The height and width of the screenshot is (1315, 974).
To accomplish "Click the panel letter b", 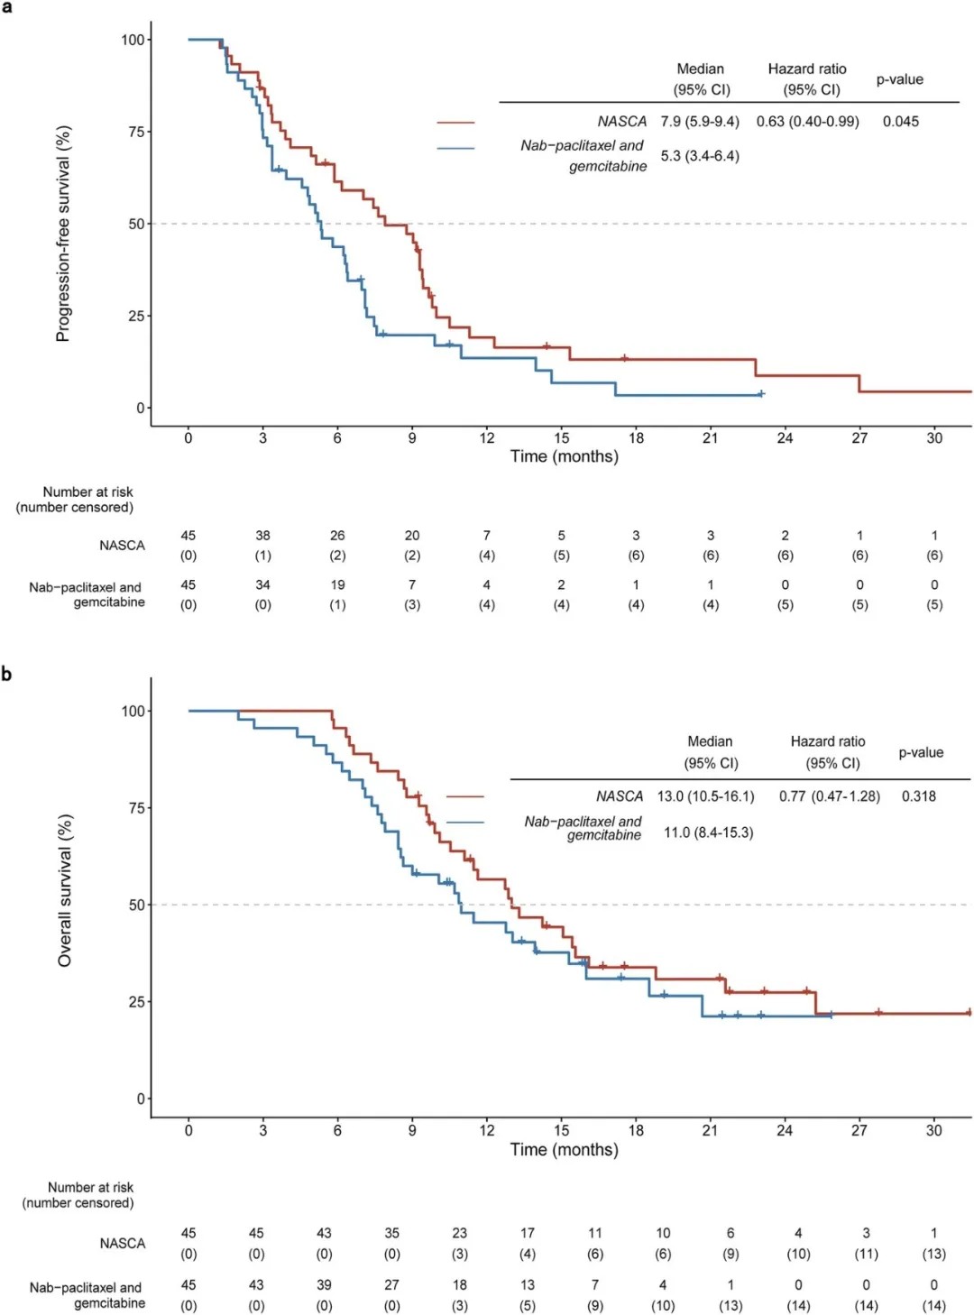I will pos(6,674).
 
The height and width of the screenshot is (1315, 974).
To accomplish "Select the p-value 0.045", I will pos(900,122).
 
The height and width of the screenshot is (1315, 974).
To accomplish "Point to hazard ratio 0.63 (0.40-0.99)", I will pos(807,122).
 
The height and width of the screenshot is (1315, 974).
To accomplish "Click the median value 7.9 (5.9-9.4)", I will pos(699,122).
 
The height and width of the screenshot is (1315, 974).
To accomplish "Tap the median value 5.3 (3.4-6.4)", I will pos(699,156).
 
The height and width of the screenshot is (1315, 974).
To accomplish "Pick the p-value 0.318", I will pos(918,796).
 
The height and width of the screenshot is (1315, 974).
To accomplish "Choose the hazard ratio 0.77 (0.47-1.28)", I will pos(829,796).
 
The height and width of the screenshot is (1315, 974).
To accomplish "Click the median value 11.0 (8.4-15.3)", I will pos(708,832).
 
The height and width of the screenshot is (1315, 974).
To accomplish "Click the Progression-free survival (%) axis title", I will pos(62,233).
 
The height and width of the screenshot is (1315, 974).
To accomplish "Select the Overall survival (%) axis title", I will pos(64,891).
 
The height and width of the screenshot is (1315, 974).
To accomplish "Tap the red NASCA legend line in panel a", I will pos(455,122).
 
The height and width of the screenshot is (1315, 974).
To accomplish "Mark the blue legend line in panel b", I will pos(465,823).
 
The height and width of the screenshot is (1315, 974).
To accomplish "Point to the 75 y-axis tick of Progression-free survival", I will pos(135,132).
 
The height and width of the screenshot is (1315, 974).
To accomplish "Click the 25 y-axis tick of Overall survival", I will pos(135,1002).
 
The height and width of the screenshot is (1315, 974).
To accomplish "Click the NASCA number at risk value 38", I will pos(262,536).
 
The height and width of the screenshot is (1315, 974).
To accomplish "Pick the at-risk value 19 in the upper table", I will pos(337,584).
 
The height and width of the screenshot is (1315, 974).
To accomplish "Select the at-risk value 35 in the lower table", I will pos(391,1233).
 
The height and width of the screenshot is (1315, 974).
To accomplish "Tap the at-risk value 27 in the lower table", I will pos(391,1284).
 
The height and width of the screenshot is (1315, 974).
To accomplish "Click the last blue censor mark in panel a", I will pos(761,394).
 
